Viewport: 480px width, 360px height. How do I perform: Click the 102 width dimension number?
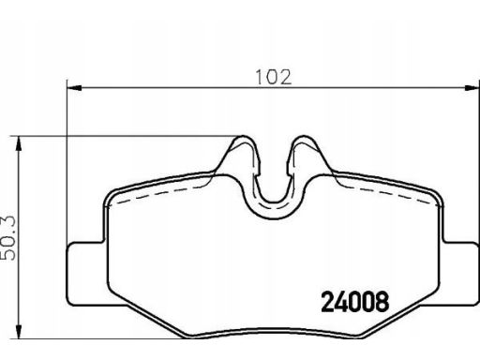pos(274,77)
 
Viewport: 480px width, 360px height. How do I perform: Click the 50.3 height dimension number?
pos(7,238)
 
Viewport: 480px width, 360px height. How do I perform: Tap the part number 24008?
pos(355,302)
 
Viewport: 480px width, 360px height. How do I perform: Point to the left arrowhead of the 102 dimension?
pos(74,88)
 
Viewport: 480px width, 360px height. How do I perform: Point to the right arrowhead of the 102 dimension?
pos(472,88)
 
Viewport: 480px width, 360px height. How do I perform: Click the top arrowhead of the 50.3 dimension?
pos(19,143)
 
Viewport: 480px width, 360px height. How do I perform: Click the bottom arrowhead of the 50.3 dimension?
pos(19,331)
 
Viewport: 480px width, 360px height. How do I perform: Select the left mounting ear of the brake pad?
pos(86,274)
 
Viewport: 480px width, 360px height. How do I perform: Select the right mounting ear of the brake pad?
pos(461,274)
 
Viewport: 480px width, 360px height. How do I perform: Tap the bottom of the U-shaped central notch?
pos(274,218)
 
